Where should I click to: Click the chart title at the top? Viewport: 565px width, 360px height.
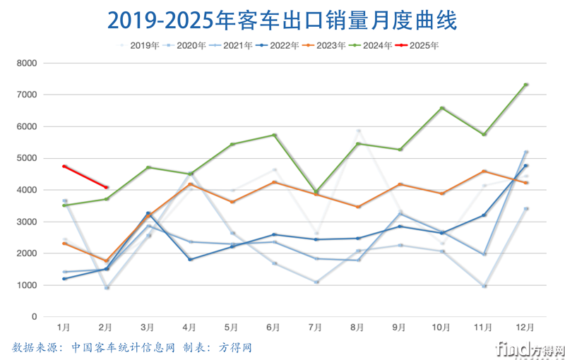[282, 20]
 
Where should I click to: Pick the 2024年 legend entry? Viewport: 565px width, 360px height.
[371, 45]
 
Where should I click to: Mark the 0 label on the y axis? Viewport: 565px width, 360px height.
[33, 317]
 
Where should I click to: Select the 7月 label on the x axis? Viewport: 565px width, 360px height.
[315, 328]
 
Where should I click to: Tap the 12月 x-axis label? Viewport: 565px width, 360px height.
[525, 328]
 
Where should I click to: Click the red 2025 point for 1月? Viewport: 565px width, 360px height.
[64, 167]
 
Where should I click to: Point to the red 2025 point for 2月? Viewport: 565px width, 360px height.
[106, 187]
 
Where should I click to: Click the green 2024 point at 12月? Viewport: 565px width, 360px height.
[525, 85]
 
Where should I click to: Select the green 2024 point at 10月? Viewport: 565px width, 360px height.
[441, 108]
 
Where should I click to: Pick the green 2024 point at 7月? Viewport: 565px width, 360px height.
[316, 191]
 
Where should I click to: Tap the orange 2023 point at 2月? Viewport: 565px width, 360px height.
[106, 261]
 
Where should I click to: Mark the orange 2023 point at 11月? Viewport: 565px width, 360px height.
[484, 171]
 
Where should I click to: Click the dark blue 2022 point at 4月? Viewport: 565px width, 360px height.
[190, 260]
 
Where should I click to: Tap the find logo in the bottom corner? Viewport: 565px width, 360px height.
[529, 349]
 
